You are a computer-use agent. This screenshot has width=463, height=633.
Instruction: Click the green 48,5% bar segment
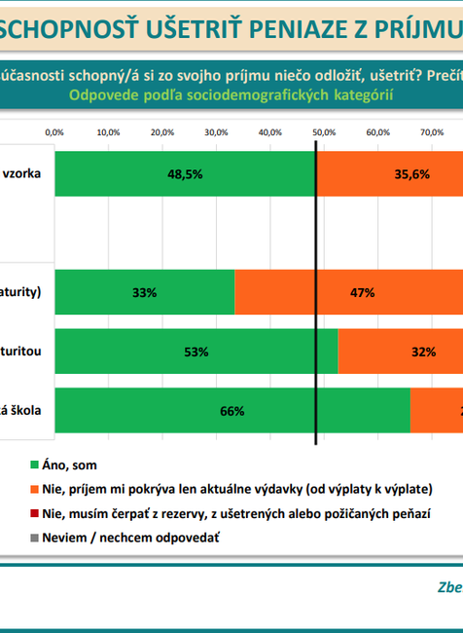tap(185, 174)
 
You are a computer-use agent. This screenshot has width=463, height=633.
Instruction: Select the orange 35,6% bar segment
tap(389, 174)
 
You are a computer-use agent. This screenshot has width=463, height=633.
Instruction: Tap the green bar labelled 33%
tap(145, 291)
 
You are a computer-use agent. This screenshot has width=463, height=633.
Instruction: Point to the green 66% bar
tap(231, 411)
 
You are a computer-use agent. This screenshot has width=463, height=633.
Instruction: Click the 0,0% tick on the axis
tap(55, 130)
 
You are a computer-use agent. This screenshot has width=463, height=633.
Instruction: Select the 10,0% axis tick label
tap(109, 130)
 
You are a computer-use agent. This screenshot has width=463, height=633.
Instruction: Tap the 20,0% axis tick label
tap(162, 130)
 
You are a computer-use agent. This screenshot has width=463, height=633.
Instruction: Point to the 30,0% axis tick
tap(216, 130)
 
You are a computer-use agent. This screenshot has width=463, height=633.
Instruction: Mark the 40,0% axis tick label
tap(269, 130)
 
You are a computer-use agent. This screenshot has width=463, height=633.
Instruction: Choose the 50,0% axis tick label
tap(323, 130)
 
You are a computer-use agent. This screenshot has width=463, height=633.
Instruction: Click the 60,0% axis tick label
tap(376, 130)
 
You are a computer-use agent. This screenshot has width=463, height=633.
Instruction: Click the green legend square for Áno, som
tap(34, 465)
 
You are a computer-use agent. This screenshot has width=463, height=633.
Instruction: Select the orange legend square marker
tap(34, 489)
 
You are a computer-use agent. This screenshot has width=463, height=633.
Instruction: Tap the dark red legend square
tap(34, 512)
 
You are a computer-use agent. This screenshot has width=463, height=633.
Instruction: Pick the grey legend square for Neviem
tap(34, 537)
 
